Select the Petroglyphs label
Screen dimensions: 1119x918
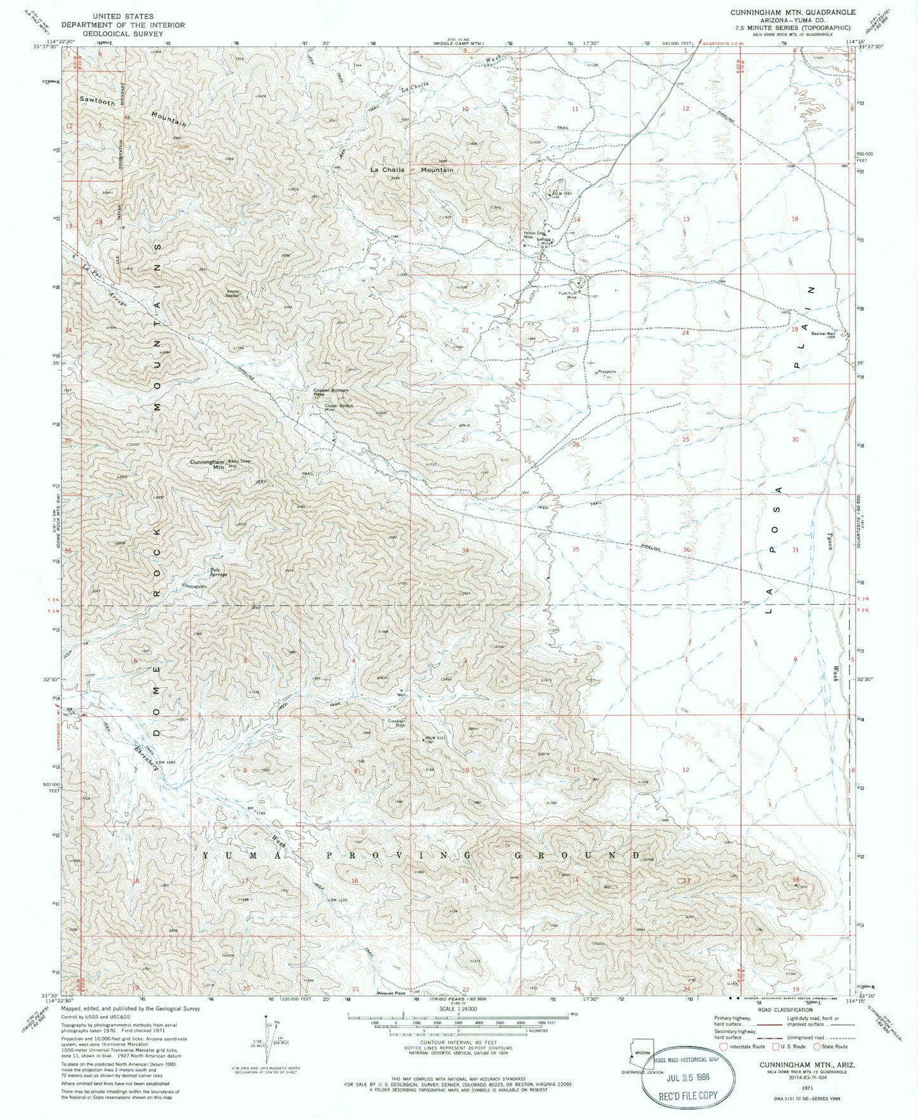pyautogui.click(x=195, y=586)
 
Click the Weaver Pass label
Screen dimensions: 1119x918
pyautogui.click(x=390, y=992)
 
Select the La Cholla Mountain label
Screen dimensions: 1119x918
pyautogui.click(x=412, y=170)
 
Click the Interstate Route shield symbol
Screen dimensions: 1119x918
pyautogui.click(x=720, y=1047)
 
